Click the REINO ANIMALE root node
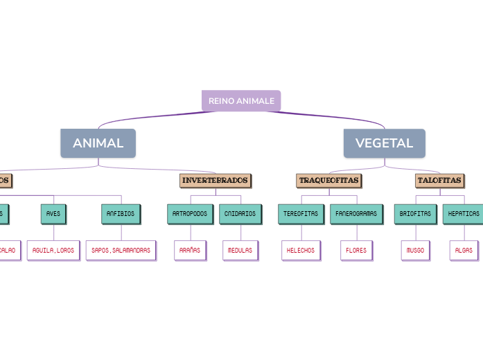[241, 101]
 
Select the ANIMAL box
[98, 143]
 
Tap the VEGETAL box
[384, 143]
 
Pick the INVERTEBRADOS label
[215, 181]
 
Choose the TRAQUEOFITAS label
[328, 181]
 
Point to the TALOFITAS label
[439, 181]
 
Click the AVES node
[53, 214]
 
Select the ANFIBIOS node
[121, 214]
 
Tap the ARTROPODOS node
[190, 214]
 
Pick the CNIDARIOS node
[240, 214]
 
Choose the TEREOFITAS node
[301, 214]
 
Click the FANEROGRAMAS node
[356, 214]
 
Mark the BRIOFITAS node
[415, 214]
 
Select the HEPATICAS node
[464, 214]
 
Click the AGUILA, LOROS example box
[53, 250]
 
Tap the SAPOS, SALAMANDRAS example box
[121, 250]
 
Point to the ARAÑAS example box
[190, 250]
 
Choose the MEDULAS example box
[240, 250]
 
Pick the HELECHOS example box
[301, 250]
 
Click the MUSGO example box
[415, 250]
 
